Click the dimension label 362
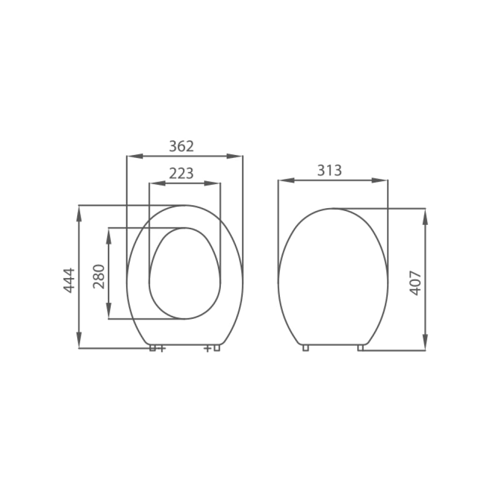tap(182, 146)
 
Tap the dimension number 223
tap(182, 173)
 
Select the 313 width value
tap(330, 170)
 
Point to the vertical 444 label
tap(69, 280)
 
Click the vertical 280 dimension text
tap(99, 277)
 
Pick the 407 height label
tap(416, 283)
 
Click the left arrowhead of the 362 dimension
tap(135, 156)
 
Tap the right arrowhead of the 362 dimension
tap(234, 156)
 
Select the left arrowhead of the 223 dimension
tap(157, 183)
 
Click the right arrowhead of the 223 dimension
tap(212, 183)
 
